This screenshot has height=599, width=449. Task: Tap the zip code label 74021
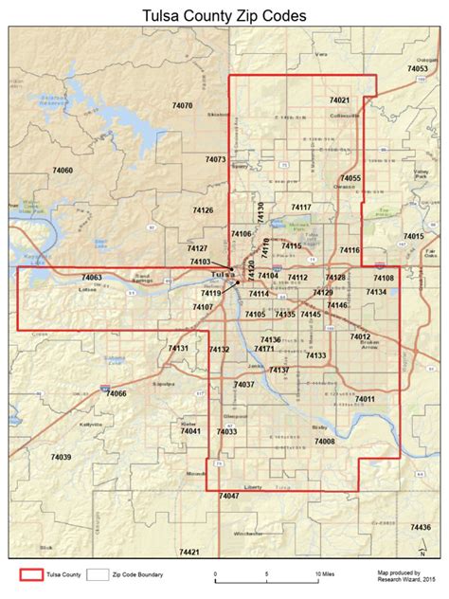click(339, 100)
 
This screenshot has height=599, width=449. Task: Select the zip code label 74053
click(418, 69)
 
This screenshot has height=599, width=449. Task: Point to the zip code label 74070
click(182, 105)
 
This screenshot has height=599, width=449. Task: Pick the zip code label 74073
click(215, 159)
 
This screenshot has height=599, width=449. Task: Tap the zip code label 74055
click(350, 178)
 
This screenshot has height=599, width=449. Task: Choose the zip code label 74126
click(203, 210)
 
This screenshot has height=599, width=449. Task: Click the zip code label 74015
click(413, 236)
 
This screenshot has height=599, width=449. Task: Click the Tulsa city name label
click(221, 275)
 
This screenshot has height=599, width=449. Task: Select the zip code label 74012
click(360, 336)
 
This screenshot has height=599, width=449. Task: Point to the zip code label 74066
click(116, 392)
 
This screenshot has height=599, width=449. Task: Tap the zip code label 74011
click(366, 399)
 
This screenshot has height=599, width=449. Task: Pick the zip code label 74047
click(228, 496)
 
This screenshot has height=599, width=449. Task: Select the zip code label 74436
click(420, 527)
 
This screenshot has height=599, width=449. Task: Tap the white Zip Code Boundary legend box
click(98, 574)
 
